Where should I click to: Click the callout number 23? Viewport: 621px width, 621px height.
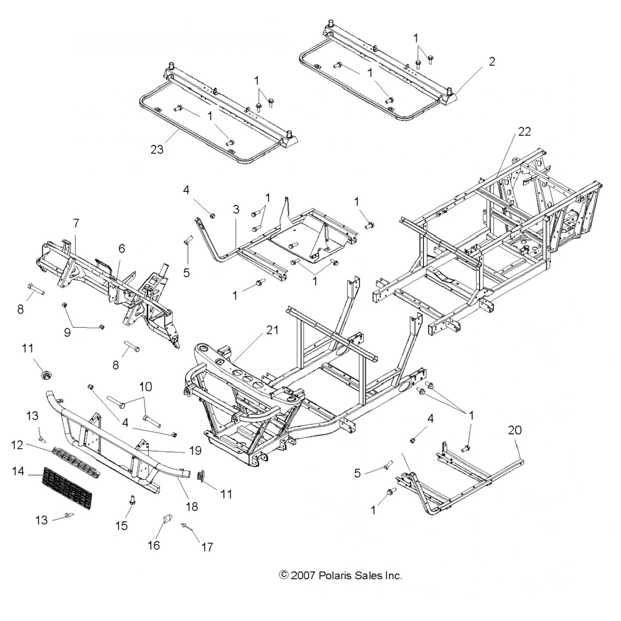[157, 149]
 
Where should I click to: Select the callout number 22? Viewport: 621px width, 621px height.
[524, 131]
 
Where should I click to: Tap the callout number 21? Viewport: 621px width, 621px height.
[272, 330]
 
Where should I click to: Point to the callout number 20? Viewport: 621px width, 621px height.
[515, 430]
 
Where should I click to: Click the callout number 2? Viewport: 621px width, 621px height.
[492, 62]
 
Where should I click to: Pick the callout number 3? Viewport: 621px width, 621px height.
[236, 209]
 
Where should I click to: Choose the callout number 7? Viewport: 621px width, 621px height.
[76, 224]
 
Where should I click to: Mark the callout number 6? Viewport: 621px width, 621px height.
[121, 249]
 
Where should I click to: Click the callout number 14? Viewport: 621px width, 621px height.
[18, 471]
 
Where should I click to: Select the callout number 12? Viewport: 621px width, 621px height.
[17, 445]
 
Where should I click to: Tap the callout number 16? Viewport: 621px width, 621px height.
[154, 545]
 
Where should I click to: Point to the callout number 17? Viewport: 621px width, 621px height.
[207, 547]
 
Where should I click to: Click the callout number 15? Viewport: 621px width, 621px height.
[121, 525]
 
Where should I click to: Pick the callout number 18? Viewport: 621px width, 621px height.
[192, 506]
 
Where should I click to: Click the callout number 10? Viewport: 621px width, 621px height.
[145, 387]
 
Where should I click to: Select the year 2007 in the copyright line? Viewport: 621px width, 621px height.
[303, 575]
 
